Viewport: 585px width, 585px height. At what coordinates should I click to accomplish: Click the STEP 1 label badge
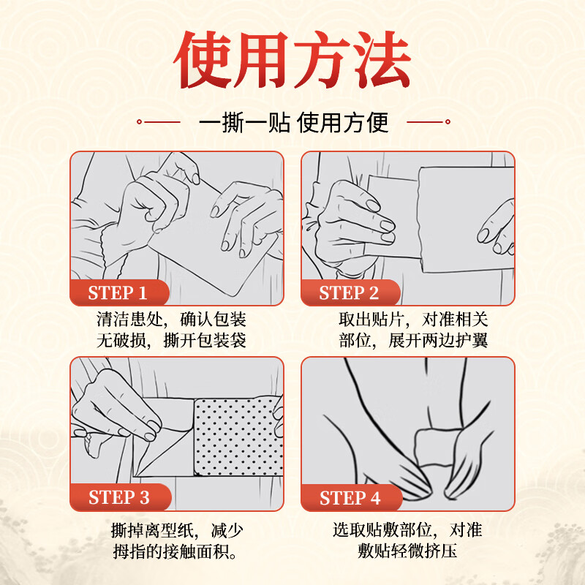click(x=118, y=294)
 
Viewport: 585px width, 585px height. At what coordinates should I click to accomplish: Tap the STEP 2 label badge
click(x=349, y=294)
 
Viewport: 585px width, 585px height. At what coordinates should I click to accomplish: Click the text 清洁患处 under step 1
click(x=125, y=320)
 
